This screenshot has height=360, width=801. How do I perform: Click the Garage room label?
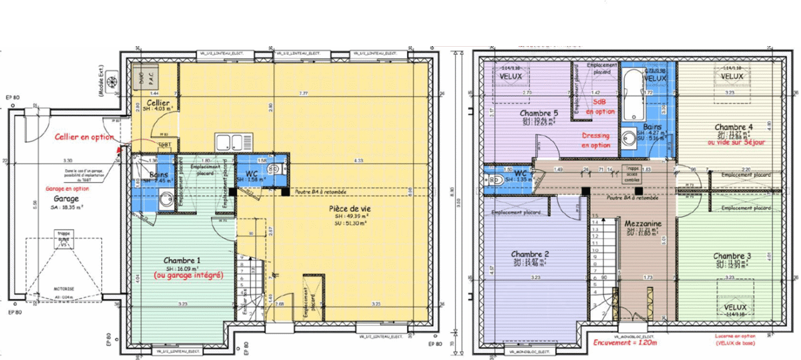(67, 198)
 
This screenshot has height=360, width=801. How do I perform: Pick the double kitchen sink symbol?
(231, 142)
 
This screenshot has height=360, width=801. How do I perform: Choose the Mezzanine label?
(643, 224)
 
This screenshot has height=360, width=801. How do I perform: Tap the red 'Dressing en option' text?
(595, 140)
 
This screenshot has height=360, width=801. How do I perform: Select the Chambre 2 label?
(530, 254)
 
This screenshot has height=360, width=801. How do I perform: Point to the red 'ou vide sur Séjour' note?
(736, 142)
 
